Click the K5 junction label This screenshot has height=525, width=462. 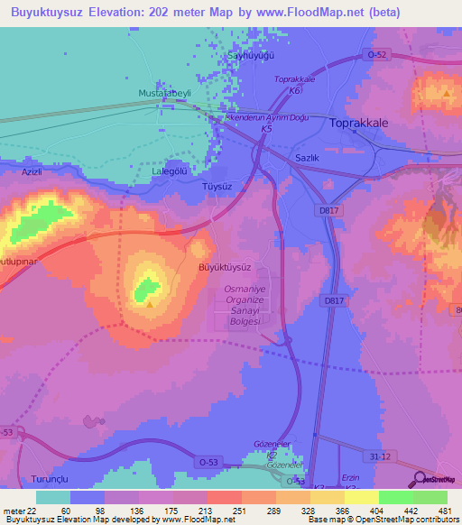[x=266, y=130]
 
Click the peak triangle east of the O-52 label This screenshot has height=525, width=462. [x=446, y=92]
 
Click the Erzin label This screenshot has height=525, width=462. [x=352, y=477]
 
